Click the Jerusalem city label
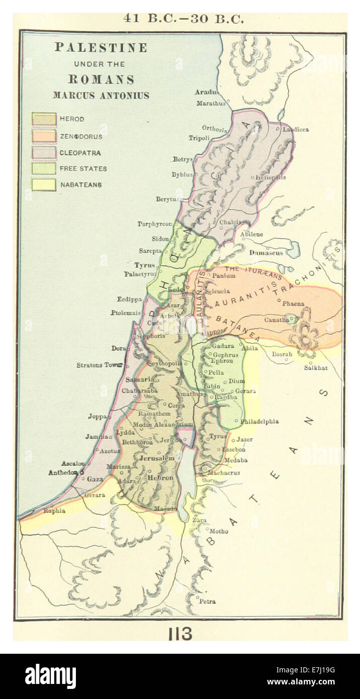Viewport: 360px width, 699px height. point(157,458)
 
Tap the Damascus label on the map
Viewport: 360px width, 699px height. point(266,253)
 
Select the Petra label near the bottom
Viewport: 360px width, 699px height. point(207,601)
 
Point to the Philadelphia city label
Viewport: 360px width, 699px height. point(259,421)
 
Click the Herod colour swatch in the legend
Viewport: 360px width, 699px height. point(44,119)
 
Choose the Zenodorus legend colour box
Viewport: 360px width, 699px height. point(44,136)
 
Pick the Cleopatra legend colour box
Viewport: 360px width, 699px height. point(44,152)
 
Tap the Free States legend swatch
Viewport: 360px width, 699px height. point(44,168)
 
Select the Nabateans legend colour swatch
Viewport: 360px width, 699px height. point(44,185)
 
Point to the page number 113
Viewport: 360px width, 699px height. point(180,634)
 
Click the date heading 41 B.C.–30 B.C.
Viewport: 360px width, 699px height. point(184,19)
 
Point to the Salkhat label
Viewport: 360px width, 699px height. point(316,368)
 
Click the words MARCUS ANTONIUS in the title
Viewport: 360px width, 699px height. point(101,96)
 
